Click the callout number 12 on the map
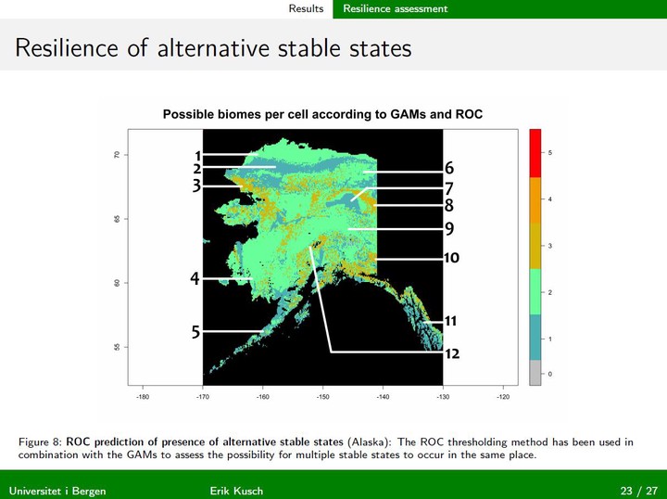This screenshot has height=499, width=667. point(452,353)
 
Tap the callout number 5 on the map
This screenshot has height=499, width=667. point(195,332)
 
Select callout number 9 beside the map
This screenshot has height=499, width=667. point(449,229)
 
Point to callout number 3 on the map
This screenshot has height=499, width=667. point(196,186)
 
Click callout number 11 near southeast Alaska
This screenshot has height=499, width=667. point(450,321)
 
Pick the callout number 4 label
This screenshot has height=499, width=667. point(195,278)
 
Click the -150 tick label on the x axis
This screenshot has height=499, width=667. point(322,397)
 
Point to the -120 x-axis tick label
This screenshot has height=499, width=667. point(503,397)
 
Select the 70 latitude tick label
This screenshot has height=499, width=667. point(115,155)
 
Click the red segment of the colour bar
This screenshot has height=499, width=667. point(535,153)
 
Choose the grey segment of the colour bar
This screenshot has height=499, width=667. point(535,373)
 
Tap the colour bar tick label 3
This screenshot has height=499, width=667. point(550,246)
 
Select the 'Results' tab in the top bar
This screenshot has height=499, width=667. point(306,8)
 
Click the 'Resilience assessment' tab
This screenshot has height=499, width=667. point(396,8)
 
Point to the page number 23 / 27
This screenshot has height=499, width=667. point(639,491)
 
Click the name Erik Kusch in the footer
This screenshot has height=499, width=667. point(236,491)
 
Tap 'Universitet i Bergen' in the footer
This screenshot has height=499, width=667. point(57,491)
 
